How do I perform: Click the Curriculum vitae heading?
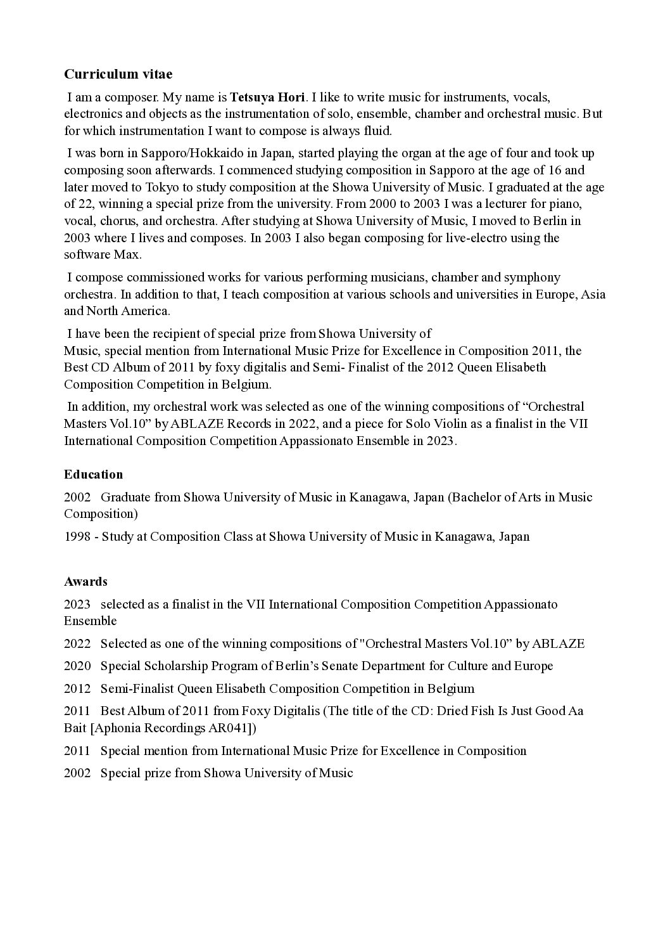pos(118,74)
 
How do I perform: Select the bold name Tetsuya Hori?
pos(267,98)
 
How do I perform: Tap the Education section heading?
pos(93,474)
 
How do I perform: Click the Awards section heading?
pos(85,581)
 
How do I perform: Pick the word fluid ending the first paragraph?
pos(378,131)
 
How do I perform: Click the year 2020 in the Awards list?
pos(77,666)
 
